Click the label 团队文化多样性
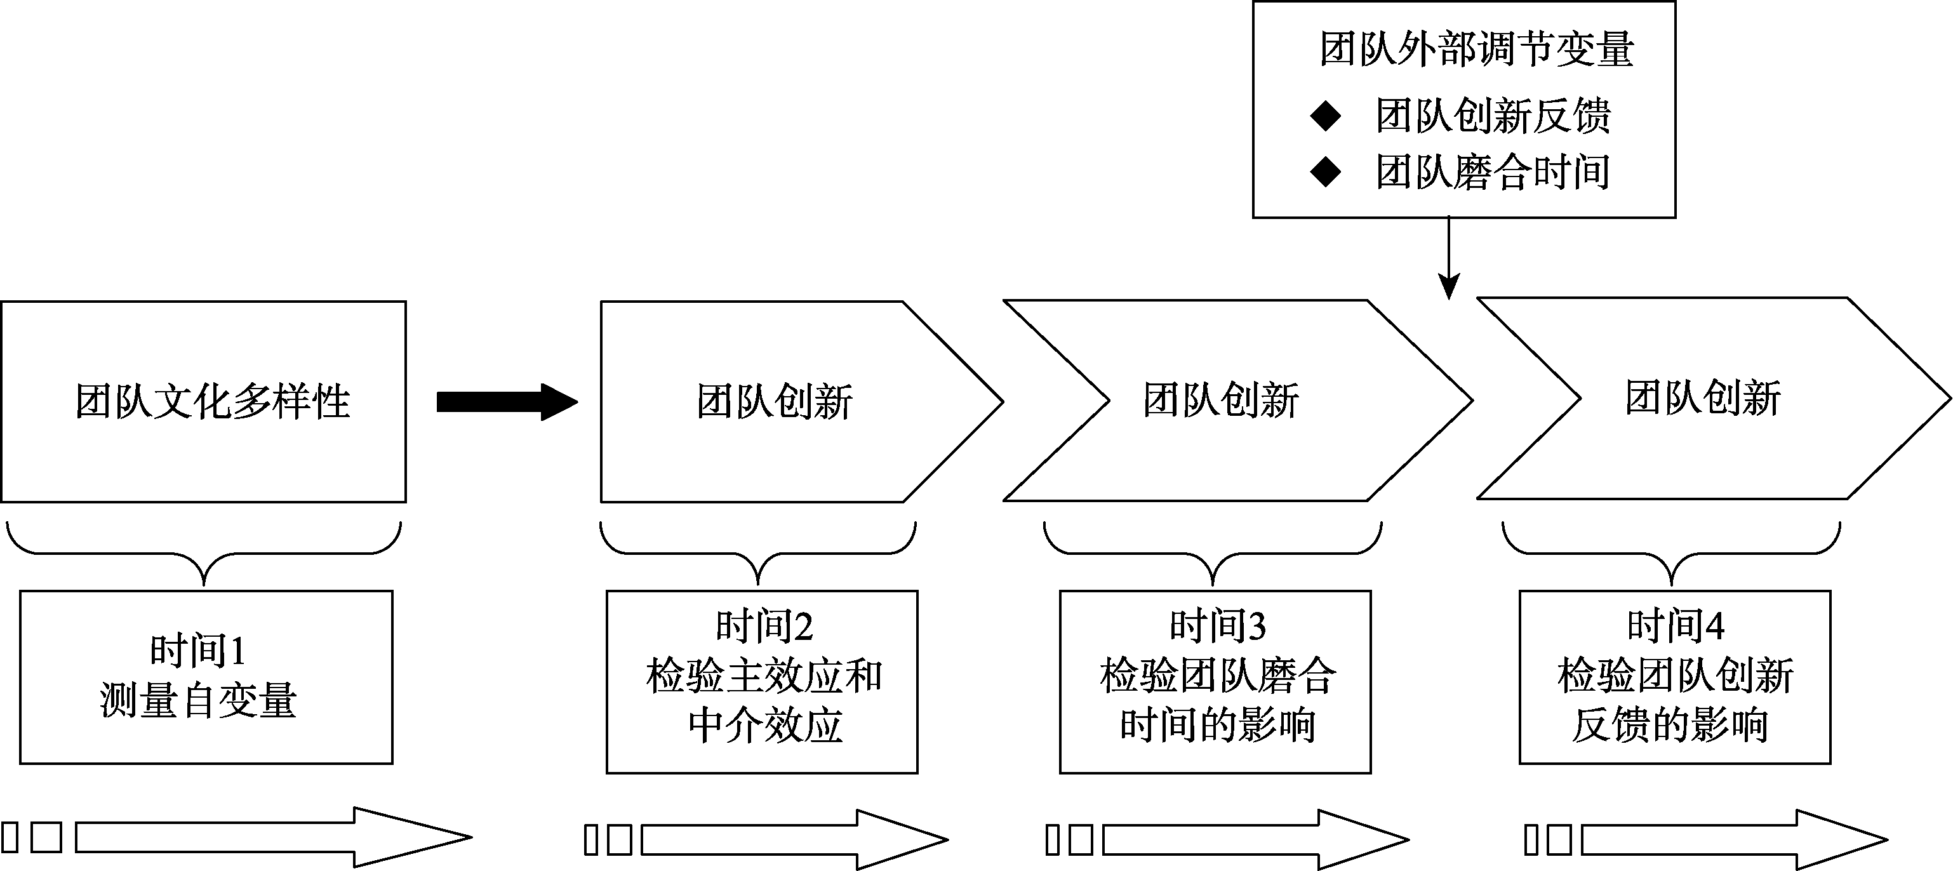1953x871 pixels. [x=212, y=402]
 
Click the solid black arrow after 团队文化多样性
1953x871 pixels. [x=507, y=402]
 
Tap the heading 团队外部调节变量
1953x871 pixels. [x=1476, y=50]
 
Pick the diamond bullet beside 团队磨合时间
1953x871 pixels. [x=1325, y=172]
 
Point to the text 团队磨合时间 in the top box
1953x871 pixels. [x=1493, y=172]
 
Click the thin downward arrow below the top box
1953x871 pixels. [x=1449, y=258]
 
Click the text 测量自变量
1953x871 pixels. [x=198, y=700]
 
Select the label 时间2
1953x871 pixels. [x=764, y=626]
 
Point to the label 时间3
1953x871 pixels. [x=1218, y=626]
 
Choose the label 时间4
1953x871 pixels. [x=1676, y=626]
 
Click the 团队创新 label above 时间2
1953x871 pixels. [x=775, y=402]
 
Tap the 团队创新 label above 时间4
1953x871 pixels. [x=1703, y=398]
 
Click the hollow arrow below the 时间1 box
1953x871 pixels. [x=273, y=837]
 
